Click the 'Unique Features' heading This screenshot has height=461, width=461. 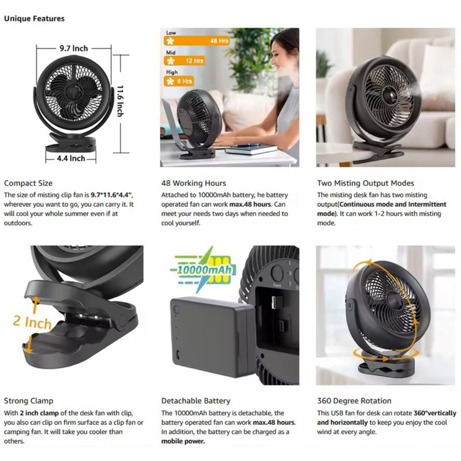(x=34, y=18)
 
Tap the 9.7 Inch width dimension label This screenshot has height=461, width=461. (x=74, y=48)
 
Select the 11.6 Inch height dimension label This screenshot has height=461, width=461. (x=120, y=101)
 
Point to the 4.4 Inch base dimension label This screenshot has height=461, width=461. (x=71, y=158)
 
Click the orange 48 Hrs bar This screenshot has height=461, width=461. (x=197, y=41)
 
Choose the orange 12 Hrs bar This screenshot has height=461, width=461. (x=184, y=61)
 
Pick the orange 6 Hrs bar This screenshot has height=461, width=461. (x=179, y=81)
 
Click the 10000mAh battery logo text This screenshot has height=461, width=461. (x=204, y=270)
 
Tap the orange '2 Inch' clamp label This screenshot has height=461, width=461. (x=32, y=322)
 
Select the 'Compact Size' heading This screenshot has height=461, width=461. (x=28, y=183)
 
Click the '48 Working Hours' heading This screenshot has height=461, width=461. (x=194, y=183)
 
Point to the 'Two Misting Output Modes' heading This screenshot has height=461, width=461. (x=365, y=183)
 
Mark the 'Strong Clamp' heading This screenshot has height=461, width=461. (x=28, y=400)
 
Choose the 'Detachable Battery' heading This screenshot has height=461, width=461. (x=195, y=400)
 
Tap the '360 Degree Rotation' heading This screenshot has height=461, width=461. (x=354, y=400)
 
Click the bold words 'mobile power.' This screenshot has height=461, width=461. (x=183, y=441)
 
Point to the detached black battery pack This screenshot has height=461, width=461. (x=212, y=337)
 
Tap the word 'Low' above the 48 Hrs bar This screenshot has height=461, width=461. (x=171, y=33)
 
